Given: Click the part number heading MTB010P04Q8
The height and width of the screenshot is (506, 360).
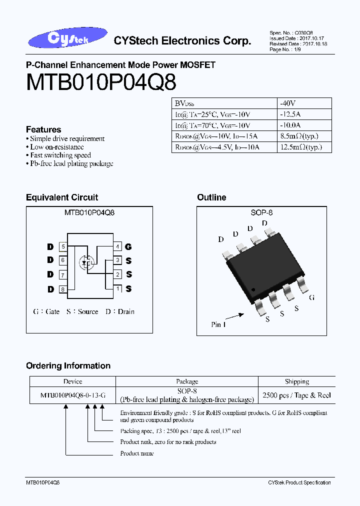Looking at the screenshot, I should tap(100, 82).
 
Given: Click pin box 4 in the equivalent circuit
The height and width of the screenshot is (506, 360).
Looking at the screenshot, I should tap(117, 246).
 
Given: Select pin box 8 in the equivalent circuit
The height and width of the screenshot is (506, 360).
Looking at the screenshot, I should tap(63, 289).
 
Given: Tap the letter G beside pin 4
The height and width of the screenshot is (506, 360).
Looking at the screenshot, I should tap(128, 246).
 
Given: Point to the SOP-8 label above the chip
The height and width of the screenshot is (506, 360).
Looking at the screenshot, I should tap(261, 212).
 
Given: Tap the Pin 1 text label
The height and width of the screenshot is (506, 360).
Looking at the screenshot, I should tap(218, 324).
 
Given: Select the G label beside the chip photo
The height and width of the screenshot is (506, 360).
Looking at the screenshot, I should tap(311, 297).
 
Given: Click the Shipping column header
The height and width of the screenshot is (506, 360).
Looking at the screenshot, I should tap(297, 381).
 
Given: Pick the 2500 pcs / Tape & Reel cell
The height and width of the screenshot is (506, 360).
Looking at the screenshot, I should tap(297, 395).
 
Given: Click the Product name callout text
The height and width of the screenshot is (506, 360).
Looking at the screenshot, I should tap(137, 453).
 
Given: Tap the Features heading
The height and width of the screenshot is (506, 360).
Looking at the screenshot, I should tap(43, 129).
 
